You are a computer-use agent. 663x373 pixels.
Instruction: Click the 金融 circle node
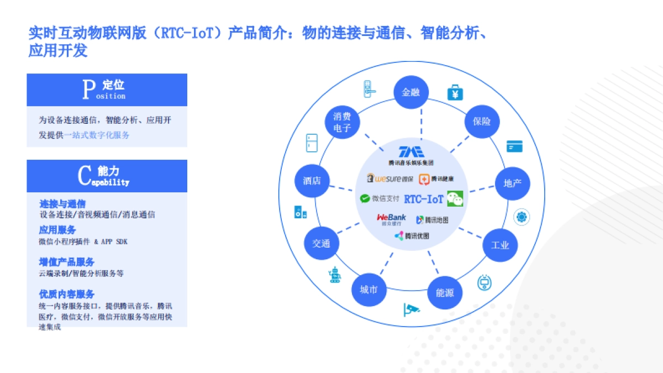pos(411,92)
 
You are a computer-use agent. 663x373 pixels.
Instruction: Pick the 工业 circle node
pos(500,245)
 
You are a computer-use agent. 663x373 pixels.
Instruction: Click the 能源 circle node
pos(445,292)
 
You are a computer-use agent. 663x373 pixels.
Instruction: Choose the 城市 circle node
pos(369,290)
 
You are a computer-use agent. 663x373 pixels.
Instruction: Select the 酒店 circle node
pos(312,181)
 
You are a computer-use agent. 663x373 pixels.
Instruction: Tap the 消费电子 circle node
pos(342,122)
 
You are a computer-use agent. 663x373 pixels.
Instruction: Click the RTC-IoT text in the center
pos(424,199)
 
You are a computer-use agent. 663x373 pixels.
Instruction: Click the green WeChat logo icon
pos(455,198)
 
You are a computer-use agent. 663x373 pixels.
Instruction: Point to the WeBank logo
pos(391,219)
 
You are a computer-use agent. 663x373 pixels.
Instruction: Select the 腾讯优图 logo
pos(412,236)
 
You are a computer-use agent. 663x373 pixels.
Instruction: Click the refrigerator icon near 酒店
pos(312,143)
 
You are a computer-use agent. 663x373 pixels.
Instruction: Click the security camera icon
pos(411,309)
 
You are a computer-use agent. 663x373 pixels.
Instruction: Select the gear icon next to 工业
pos(522,217)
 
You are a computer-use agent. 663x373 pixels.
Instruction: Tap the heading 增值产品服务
pos(67,262)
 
